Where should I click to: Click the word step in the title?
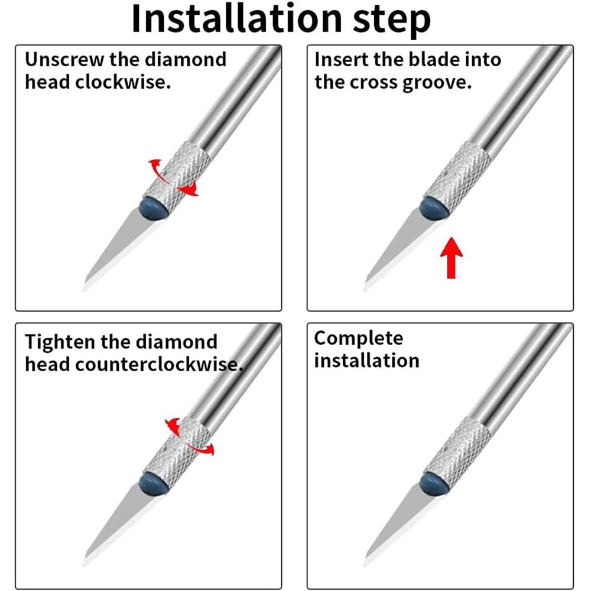click(x=392, y=21)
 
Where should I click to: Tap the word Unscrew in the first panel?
click(x=64, y=59)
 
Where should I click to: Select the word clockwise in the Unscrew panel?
click(x=123, y=82)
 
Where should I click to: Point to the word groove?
click(x=437, y=83)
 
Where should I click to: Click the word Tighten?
click(x=60, y=342)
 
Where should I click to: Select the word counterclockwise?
click(x=158, y=365)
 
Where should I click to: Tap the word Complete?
click(x=359, y=339)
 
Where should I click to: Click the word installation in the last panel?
click(x=367, y=361)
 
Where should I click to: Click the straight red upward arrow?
click(x=452, y=258)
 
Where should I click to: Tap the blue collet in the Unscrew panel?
click(x=154, y=209)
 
